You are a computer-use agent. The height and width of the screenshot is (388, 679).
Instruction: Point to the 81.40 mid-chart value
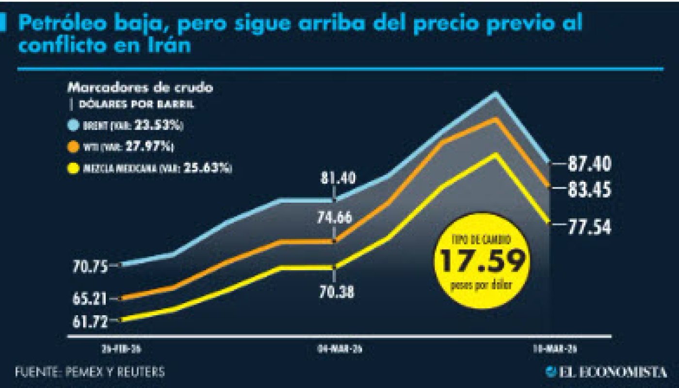point(334,178)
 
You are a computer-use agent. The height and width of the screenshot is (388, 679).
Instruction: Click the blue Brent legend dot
point(74,125)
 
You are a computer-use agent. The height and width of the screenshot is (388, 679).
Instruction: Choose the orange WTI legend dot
point(74,146)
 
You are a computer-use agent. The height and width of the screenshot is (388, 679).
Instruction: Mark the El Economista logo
point(606,372)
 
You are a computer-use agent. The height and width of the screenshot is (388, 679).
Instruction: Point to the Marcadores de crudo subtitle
point(140,88)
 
